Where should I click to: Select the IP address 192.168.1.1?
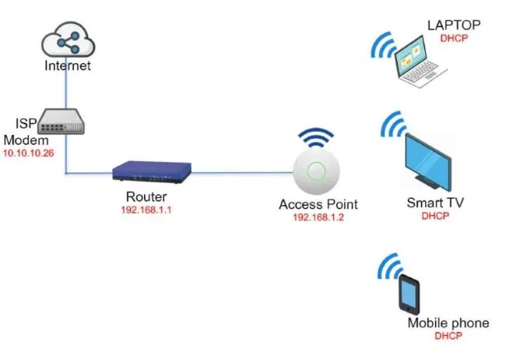(146, 210)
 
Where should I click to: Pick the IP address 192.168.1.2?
(318, 217)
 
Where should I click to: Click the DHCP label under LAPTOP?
(454, 37)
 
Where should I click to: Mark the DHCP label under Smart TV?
(435, 217)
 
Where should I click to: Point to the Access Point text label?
(318, 205)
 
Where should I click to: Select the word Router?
(146, 197)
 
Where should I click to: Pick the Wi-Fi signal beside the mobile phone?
(388, 269)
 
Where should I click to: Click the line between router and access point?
(241, 172)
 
